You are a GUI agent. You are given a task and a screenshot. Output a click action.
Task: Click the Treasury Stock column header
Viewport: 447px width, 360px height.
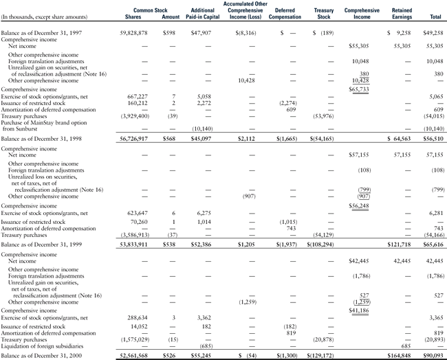(323, 14)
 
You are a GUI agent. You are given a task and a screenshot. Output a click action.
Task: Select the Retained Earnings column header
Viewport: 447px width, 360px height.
(402, 14)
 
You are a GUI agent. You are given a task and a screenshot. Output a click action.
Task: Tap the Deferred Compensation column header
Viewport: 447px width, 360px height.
(285, 14)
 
